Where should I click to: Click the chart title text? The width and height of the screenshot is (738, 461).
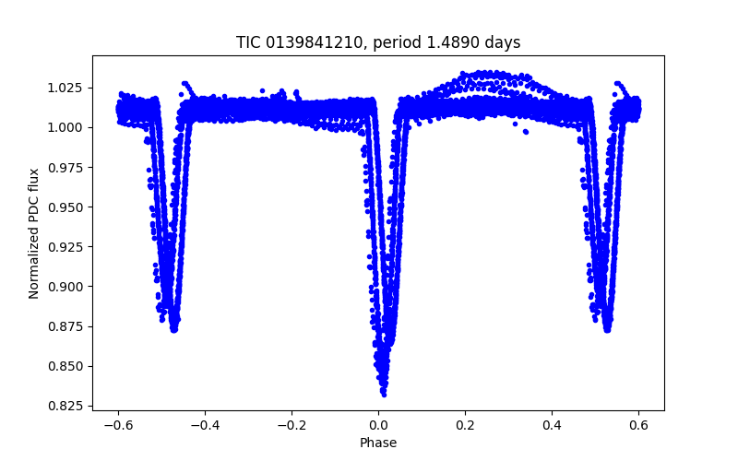point(378,42)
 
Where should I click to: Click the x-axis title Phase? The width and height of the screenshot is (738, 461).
point(378,443)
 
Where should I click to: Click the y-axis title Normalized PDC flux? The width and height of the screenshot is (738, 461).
point(34,233)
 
